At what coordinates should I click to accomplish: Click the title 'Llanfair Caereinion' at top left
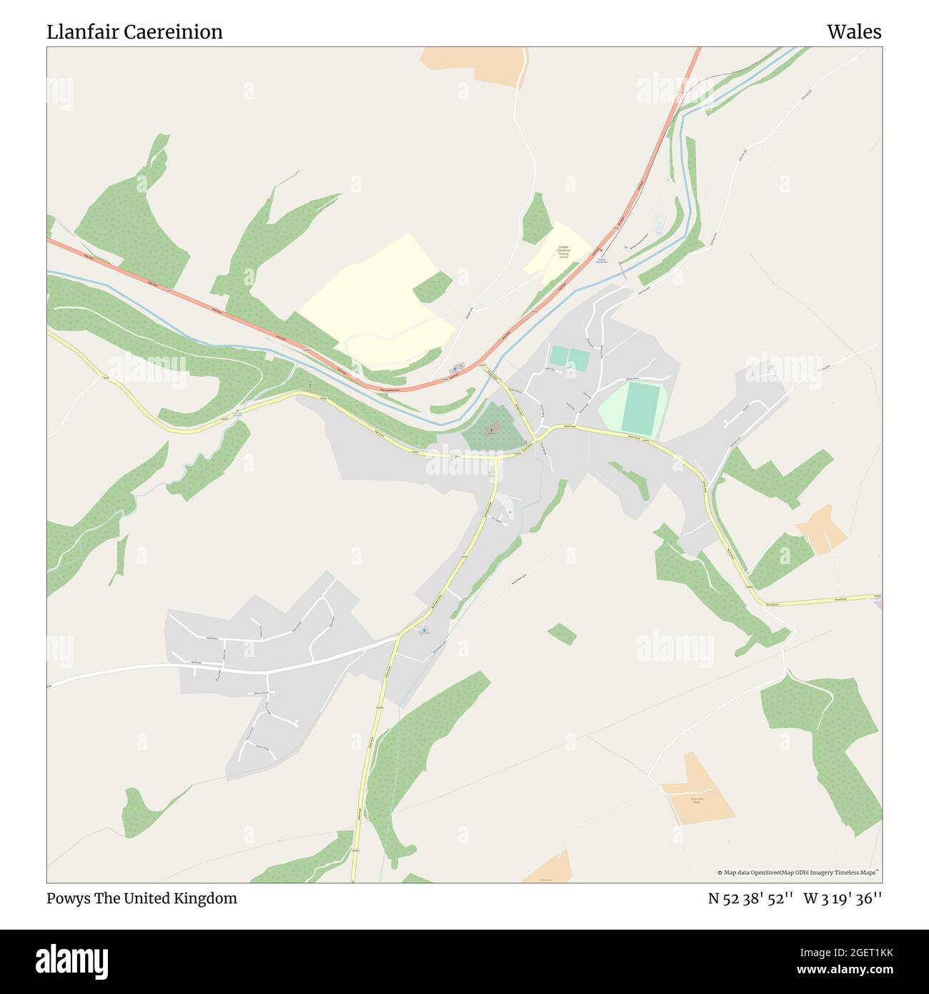click(134, 32)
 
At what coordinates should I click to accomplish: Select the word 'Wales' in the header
click(854, 32)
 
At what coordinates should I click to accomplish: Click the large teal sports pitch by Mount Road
click(641, 408)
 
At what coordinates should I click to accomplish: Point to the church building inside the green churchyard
click(492, 430)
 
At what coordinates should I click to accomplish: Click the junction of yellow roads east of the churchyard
click(535, 438)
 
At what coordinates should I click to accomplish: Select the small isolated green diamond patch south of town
click(562, 634)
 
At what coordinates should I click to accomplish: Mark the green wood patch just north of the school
click(535, 217)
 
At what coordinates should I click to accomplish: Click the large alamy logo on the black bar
click(71, 960)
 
